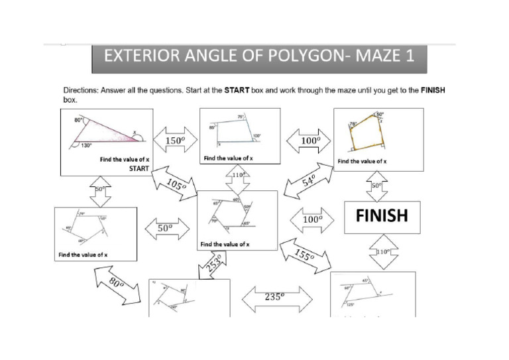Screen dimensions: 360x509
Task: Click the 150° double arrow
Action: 176,141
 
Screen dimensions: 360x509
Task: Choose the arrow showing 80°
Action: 117,285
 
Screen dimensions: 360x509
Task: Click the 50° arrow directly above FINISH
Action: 376,186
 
